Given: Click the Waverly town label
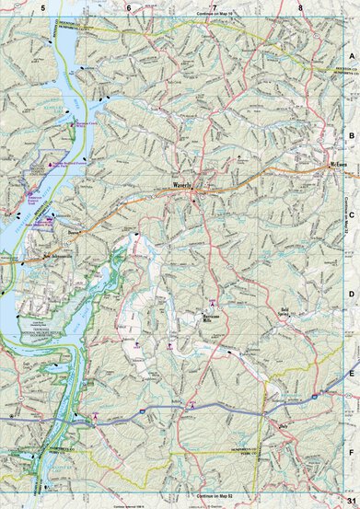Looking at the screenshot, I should click(182, 184).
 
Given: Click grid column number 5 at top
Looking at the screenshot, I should click(42, 7).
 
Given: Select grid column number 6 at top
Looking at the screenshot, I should click(128, 7).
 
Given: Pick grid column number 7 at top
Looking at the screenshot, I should click(214, 7).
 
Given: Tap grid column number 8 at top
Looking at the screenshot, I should click(300, 7).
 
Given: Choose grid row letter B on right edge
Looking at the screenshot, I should click(351, 134).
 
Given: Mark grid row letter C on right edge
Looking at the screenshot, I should click(351, 214).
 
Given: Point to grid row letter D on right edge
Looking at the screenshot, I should click(351, 295).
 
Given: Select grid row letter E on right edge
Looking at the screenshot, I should click(351, 375).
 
